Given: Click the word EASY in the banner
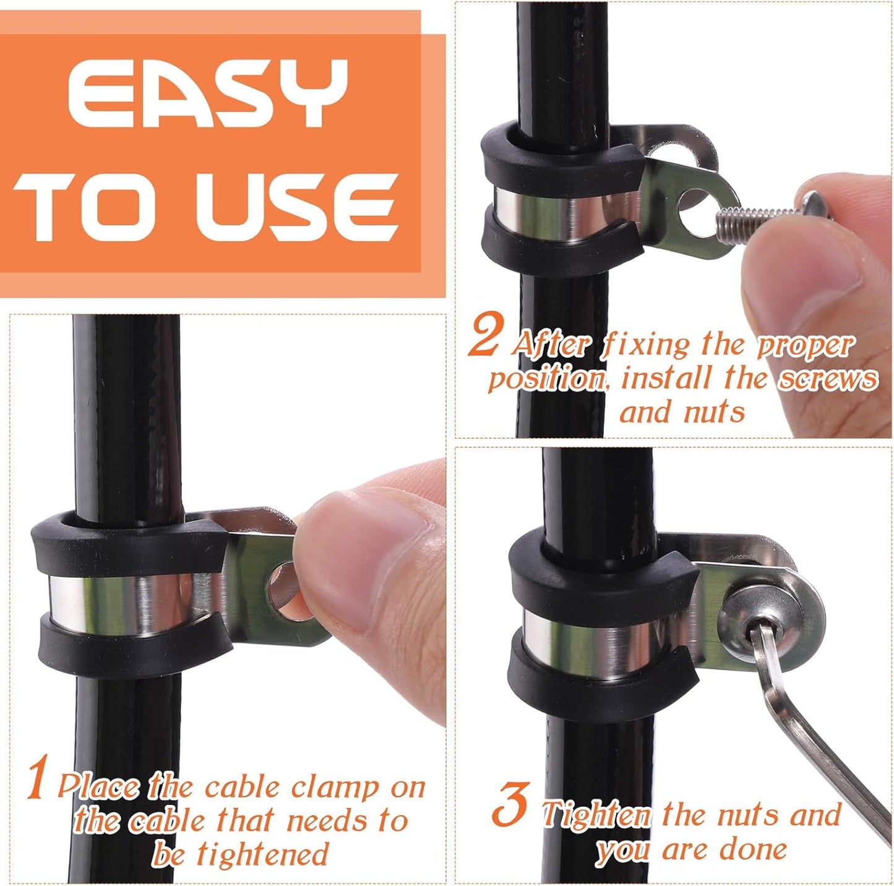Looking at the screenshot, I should coord(207,94).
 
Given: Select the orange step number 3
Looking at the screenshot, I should coord(510,805).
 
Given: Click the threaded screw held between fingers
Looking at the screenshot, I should coord(755,217).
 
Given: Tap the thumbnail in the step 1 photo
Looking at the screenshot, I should coord(371,538).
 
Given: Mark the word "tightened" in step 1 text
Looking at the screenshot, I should coord(262,854).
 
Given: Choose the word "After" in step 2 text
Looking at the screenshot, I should coord(550,344).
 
